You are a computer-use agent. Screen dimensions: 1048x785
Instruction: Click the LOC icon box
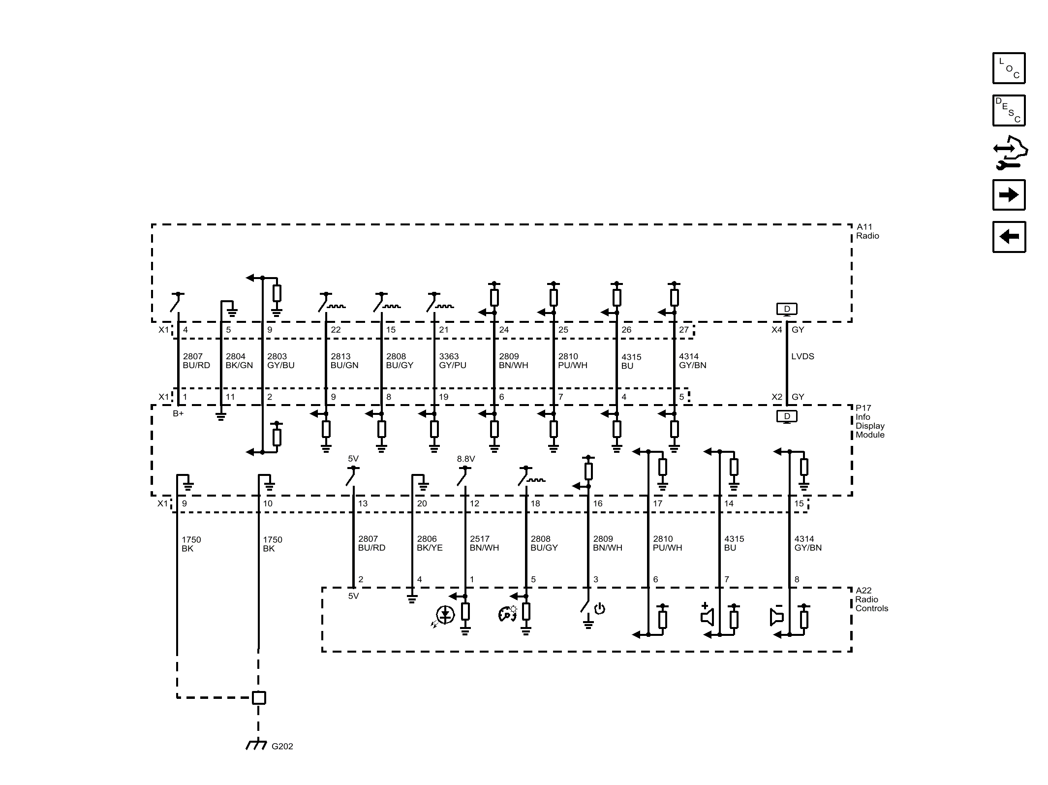tap(1009, 68)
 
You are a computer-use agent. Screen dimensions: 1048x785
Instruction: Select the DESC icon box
tap(1009, 110)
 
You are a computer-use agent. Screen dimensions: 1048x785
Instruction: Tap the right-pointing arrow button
tap(1009, 195)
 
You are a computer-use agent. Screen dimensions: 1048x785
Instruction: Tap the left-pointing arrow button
tap(1009, 237)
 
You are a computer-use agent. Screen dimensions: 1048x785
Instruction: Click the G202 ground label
tap(282, 746)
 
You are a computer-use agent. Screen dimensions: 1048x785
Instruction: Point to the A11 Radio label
tap(867, 231)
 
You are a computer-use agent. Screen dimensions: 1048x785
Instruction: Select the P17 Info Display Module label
tap(870, 421)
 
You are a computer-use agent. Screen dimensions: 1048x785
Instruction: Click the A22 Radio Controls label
tap(871, 599)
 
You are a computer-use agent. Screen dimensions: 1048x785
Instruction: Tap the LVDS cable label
tap(802, 356)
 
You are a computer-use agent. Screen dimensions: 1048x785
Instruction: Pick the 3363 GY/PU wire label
tap(453, 361)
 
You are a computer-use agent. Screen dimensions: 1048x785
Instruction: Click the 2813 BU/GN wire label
tap(344, 361)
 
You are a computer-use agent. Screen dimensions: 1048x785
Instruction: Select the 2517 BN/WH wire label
tap(484, 543)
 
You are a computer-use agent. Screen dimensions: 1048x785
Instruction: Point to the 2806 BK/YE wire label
tap(430, 543)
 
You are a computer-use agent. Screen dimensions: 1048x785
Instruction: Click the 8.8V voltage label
tap(466, 459)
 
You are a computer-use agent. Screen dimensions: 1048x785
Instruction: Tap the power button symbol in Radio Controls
tap(599, 609)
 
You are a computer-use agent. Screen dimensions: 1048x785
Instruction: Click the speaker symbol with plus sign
tap(707, 614)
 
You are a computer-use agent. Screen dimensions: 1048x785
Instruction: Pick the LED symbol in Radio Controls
tap(443, 616)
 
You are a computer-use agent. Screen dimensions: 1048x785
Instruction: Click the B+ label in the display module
tap(178, 413)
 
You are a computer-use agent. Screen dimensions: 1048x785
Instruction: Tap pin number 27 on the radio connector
tap(684, 330)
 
